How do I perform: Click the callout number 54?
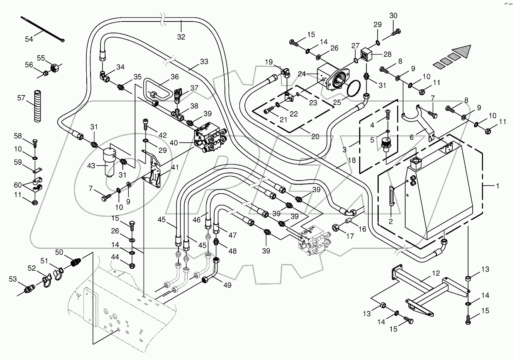pyautogui.click(x=29, y=39)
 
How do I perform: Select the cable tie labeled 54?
pyautogui.click(x=42, y=29)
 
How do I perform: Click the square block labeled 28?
pyautogui.click(x=368, y=55)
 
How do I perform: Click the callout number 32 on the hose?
pyautogui.click(x=181, y=37)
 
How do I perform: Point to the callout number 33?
pyautogui.click(x=204, y=61)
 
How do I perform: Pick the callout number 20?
pyautogui.click(x=315, y=136)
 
